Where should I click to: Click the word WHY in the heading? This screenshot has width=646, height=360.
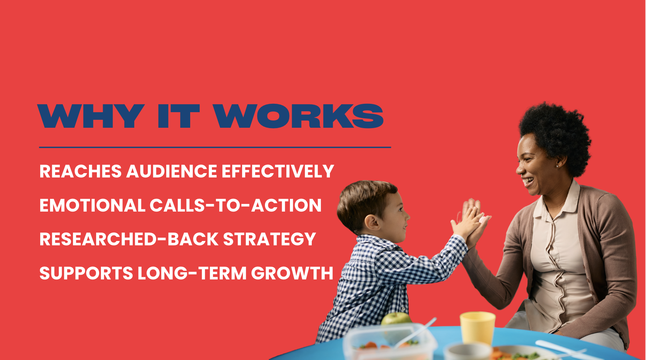tap(91, 116)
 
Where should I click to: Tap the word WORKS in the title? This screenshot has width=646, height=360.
tap(298, 116)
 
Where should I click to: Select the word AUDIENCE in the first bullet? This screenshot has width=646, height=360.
tap(172, 171)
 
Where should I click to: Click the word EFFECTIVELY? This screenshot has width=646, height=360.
tap(278, 171)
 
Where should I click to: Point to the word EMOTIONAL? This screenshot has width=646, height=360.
tap(93, 205)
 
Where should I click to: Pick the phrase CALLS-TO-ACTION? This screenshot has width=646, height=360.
tap(236, 205)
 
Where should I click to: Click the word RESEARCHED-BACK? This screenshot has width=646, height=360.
tap(129, 240)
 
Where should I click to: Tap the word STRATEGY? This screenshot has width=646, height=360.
tap(269, 240)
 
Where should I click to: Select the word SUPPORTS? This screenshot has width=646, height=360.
tap(86, 273)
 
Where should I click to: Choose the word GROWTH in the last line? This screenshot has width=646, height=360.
tap(292, 273)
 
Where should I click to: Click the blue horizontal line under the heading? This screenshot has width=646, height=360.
tap(215, 147)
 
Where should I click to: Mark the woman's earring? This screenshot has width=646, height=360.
tap(557, 166)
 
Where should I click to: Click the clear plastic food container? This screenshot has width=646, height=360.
tap(390, 341)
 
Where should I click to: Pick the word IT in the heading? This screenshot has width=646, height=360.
tap(179, 116)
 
